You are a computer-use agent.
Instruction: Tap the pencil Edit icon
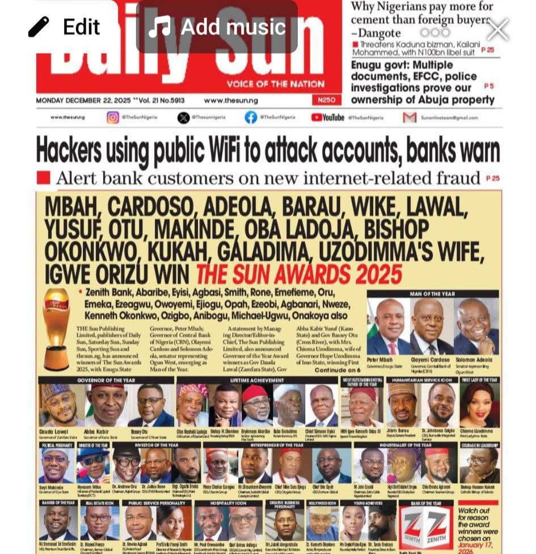coord(39,26)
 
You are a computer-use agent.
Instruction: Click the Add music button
coord(217,27)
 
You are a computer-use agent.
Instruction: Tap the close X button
coord(498,29)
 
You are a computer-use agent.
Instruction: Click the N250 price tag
coord(327,100)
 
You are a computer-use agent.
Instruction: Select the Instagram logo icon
coord(113,117)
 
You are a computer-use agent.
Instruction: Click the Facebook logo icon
coord(251,117)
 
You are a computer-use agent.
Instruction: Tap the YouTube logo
coord(328,117)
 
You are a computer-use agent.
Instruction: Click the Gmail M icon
coord(410,117)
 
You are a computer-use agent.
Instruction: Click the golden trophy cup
coord(56,328)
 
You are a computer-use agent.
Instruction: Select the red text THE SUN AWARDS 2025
coord(299,275)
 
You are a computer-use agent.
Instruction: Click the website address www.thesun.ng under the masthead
coord(231,100)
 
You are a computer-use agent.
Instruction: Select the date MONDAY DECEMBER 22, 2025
coord(83,100)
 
